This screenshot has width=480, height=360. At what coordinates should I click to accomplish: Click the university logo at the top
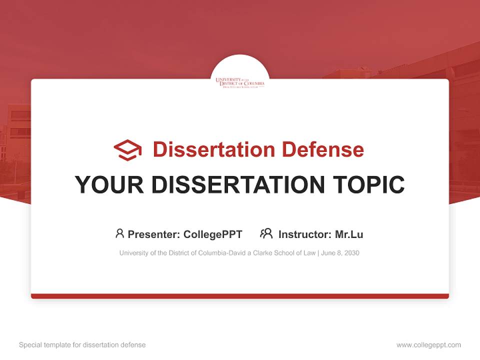click(240, 82)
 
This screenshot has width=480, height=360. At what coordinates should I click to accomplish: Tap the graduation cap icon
click(127, 150)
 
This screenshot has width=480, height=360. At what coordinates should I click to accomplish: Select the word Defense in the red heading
click(322, 149)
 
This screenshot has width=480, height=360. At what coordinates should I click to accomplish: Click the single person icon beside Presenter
click(119, 233)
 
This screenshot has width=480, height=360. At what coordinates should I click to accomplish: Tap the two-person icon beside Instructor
click(266, 233)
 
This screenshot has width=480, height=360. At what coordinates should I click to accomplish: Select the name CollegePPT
click(212, 234)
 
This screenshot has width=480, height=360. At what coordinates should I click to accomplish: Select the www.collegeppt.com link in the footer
click(428, 345)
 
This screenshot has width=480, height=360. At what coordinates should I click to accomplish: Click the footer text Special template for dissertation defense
click(82, 345)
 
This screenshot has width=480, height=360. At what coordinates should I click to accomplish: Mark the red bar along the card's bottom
click(240, 296)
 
